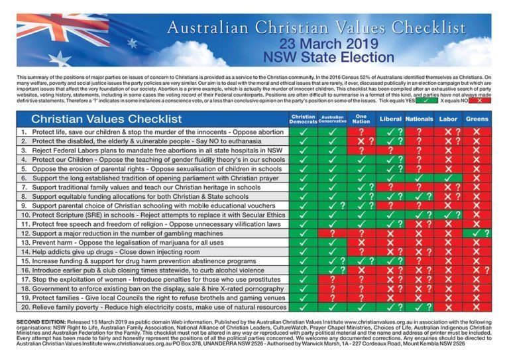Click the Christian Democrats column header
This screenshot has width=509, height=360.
click(x=304, y=119)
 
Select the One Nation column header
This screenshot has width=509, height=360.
click(x=361, y=119)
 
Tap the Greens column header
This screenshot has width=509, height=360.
click(x=477, y=119)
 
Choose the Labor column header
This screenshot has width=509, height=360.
click(x=448, y=119)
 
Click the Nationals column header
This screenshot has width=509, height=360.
click(x=419, y=119)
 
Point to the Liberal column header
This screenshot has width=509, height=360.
click(x=390, y=119)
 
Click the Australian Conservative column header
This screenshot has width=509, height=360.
click(x=332, y=119)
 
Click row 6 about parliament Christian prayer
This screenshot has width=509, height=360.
click(x=146, y=178)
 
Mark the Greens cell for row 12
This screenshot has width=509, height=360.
click(x=477, y=233)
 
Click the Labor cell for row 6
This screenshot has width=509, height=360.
click(x=448, y=178)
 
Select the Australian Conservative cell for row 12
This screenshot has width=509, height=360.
click(x=332, y=233)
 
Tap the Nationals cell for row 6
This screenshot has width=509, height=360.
click(x=419, y=178)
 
